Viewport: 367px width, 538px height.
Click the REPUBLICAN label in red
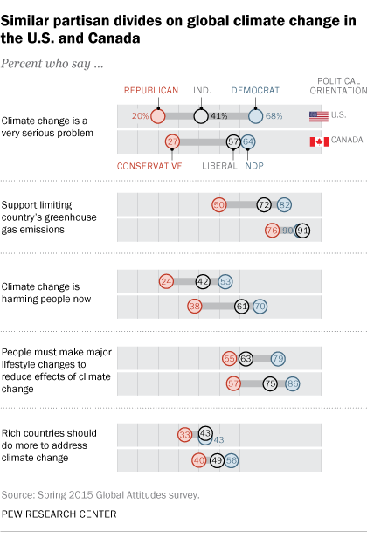tap(150, 90)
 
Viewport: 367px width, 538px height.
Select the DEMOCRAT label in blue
tap(255, 90)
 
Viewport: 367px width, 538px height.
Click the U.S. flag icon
tap(319, 115)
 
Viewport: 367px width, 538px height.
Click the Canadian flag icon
tap(319, 141)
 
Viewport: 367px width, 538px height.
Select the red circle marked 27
tap(172, 141)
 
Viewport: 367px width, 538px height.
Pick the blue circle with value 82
tap(284, 204)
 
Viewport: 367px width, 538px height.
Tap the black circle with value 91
tap(302, 231)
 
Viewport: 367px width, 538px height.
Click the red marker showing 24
tap(166, 281)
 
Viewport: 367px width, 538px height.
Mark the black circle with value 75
tap(270, 383)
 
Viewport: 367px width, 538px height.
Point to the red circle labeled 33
tap(184, 434)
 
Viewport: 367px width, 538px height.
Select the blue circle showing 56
tap(232, 459)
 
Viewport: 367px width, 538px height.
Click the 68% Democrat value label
tap(274, 115)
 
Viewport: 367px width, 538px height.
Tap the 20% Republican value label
tap(139, 115)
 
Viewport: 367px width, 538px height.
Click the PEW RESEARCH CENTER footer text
tap(59, 514)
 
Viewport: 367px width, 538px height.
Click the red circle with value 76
tap(272, 231)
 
